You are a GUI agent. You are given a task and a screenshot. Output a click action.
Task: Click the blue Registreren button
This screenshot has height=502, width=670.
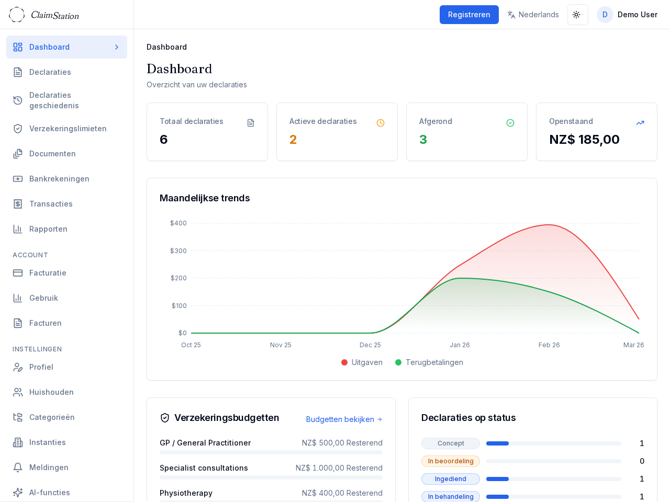pos(469,15)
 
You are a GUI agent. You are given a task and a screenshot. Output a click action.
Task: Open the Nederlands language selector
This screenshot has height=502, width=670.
pos(533,15)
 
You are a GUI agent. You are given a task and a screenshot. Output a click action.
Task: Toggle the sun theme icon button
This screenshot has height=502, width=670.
pos(577,15)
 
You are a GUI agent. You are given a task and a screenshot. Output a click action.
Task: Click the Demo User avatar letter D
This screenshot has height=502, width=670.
pos(605,15)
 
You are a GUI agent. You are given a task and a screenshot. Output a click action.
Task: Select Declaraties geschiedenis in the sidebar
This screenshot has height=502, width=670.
pos(54,100)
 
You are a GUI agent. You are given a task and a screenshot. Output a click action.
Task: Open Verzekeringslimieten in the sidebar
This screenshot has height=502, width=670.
pos(68,129)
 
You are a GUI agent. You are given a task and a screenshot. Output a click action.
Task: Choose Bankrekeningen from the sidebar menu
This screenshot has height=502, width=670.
pos(59,179)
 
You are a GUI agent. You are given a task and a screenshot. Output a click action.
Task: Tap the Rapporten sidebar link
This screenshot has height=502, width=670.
pos(48,229)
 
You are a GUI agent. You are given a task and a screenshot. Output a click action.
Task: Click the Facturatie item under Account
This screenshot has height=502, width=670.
pos(48,273)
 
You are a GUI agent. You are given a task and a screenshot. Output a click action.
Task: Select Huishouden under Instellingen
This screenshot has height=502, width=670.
pos(51,392)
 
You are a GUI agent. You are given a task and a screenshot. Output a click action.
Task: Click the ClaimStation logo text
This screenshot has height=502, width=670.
pos(55,15)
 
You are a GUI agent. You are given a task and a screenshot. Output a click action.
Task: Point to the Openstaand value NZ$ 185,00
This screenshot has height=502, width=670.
pos(584,140)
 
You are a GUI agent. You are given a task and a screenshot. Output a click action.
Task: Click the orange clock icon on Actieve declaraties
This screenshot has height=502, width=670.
pos(381,123)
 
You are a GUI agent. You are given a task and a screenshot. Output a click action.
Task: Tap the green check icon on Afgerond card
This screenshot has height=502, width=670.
pos(510,123)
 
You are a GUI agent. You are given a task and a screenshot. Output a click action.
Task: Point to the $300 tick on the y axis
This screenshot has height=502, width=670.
pos(178,251)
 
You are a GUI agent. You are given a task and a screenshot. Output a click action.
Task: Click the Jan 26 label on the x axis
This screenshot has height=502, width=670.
pos(460,345)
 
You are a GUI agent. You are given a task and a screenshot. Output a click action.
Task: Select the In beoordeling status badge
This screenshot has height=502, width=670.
pos(451,461)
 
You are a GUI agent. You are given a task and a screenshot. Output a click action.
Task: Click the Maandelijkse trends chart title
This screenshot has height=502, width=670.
pos(205,198)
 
